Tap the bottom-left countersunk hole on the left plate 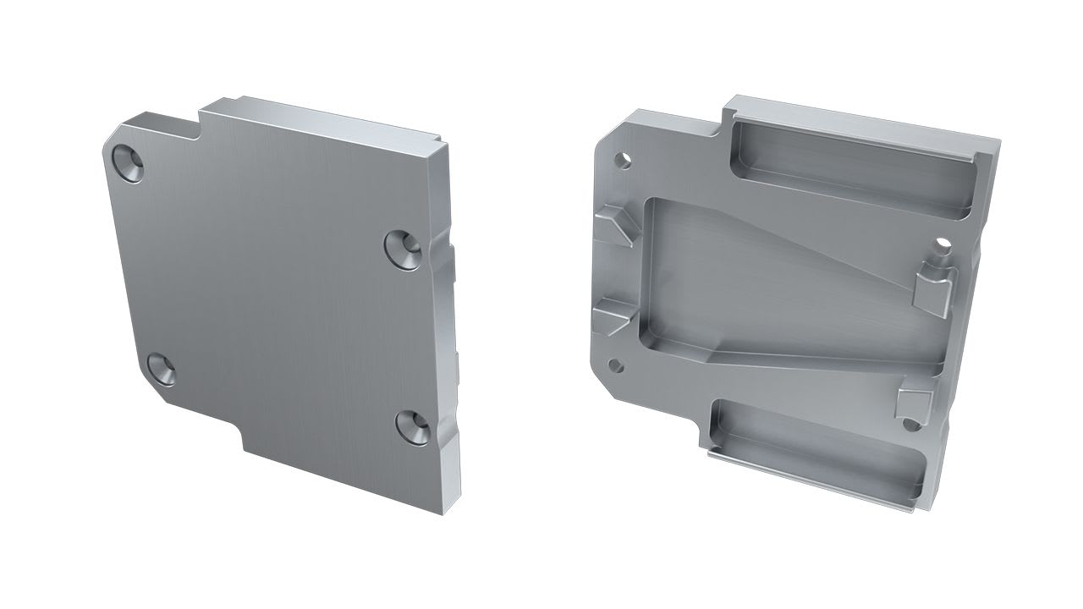pos(161,369)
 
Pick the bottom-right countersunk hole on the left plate pos(412,425)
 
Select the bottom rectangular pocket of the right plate pos(816,448)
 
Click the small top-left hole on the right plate pos(624,158)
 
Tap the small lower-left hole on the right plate pos(616,365)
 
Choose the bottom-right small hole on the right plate pos(910,422)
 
